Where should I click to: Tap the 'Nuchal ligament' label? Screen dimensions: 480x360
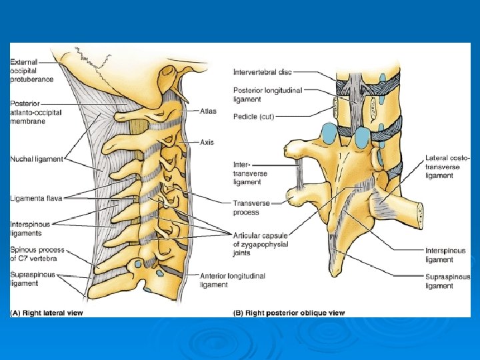point(37,159)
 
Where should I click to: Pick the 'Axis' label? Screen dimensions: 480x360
point(207,142)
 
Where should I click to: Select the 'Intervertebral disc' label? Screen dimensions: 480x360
point(263,72)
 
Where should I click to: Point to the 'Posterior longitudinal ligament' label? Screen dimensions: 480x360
point(267,95)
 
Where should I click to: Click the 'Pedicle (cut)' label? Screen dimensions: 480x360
point(254,117)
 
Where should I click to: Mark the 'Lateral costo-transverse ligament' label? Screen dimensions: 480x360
point(447,167)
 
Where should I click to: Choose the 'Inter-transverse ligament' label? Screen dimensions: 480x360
point(250,173)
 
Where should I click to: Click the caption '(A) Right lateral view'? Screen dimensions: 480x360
point(47,313)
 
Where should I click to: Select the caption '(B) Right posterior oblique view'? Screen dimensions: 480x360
point(288,313)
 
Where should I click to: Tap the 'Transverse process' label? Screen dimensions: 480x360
point(251,207)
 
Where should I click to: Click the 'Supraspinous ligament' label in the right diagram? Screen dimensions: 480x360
point(447,281)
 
